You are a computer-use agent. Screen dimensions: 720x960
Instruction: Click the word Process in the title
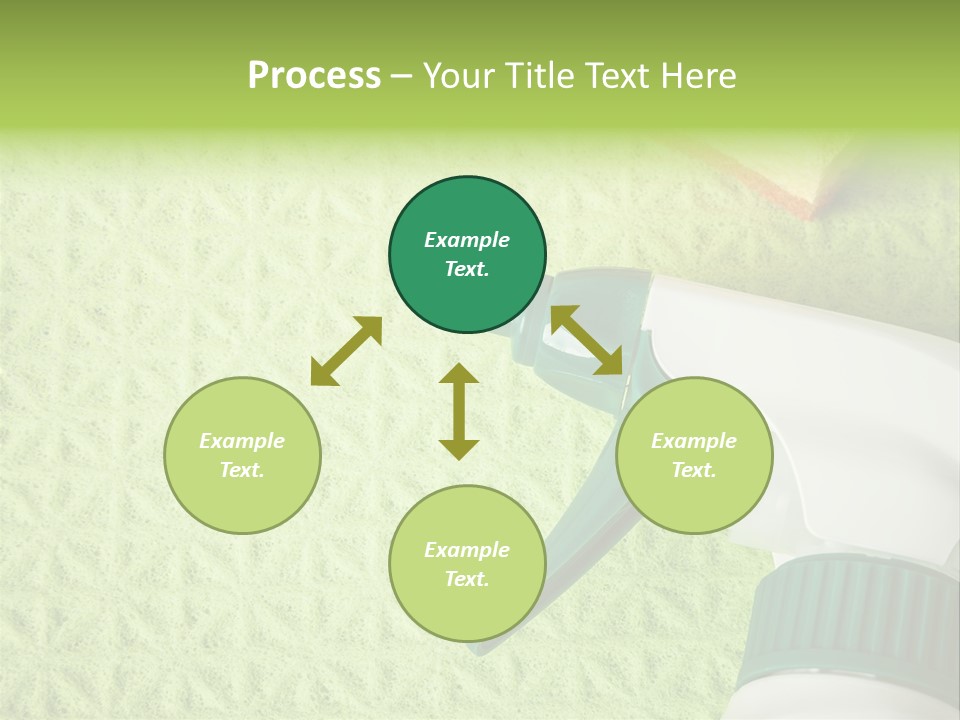tap(314, 76)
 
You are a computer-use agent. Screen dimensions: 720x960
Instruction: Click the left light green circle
tap(242, 455)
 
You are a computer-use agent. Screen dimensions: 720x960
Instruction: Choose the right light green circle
tap(694, 455)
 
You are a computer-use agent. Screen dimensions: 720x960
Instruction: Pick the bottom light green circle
tap(467, 563)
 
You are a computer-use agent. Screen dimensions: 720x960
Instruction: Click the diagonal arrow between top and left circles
tap(346, 351)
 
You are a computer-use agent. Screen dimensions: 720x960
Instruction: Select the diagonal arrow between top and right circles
tap(587, 340)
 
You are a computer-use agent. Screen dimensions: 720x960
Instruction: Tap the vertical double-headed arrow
tap(459, 411)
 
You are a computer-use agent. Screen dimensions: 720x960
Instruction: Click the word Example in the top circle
tap(467, 240)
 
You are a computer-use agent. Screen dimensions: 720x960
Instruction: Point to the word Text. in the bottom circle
tap(467, 579)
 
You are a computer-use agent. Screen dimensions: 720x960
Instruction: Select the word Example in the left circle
tap(242, 441)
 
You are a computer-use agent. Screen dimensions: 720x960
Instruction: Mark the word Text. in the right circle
tap(694, 470)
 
